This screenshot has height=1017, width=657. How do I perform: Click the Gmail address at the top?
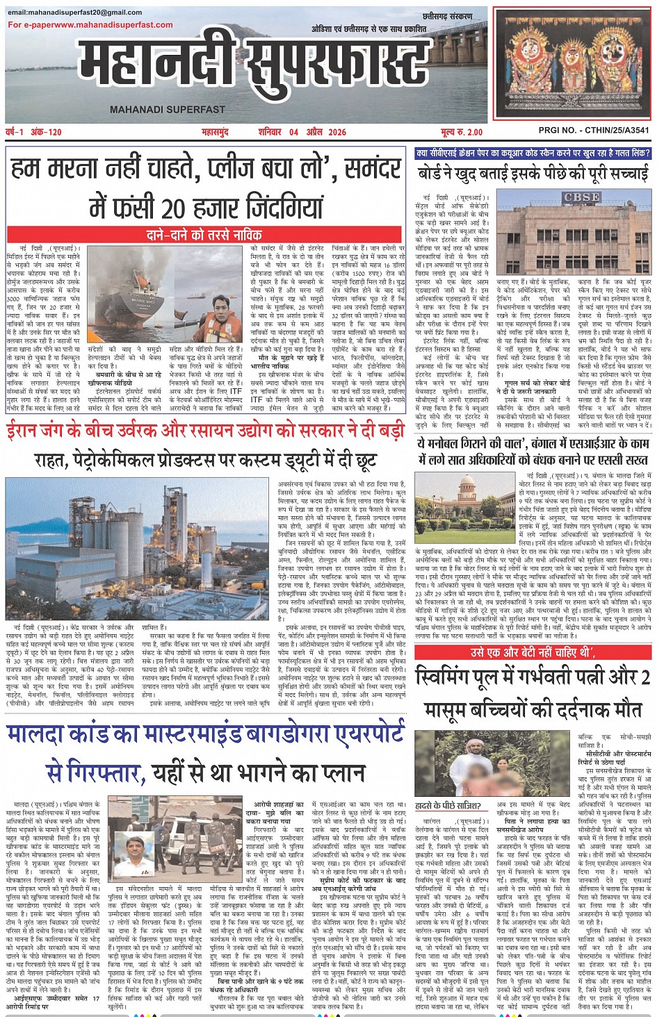[x=75, y=13]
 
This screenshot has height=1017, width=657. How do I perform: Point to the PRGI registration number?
[x=594, y=130]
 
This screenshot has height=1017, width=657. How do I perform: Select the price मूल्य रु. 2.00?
[x=461, y=132]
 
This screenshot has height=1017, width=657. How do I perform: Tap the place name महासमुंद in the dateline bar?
[x=215, y=132]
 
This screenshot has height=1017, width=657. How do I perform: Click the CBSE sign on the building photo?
[x=581, y=197]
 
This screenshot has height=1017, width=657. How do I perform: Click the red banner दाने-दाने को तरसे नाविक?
[x=204, y=235]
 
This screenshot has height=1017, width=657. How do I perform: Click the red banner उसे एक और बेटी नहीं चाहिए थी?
[x=533, y=652]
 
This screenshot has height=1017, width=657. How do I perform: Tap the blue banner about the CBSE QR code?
[x=533, y=153]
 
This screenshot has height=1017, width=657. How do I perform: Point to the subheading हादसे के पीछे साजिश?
[x=448, y=805]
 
